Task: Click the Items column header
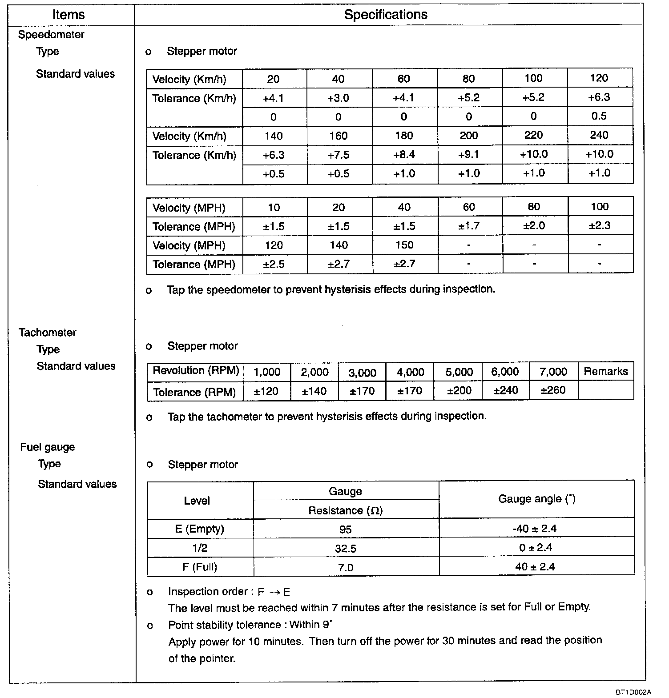pos(68,15)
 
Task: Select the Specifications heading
pos(386,15)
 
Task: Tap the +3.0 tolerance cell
pos(338,98)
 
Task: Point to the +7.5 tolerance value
pos(338,155)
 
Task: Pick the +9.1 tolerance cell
pos(469,155)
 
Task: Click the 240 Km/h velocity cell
pos(599,136)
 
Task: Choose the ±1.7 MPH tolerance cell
pos(469,226)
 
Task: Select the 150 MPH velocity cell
pos(404,245)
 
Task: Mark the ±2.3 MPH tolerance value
pos(599,226)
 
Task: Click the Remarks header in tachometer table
pos(605,371)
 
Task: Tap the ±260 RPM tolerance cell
pos(553,390)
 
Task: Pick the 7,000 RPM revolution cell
pos(553,372)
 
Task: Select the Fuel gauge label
pos(48,447)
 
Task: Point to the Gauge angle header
pos(536,499)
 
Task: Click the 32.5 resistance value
pos(346,549)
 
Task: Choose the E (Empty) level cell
pos(199,529)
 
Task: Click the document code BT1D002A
pos(633,692)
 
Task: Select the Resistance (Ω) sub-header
pos(346,510)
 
